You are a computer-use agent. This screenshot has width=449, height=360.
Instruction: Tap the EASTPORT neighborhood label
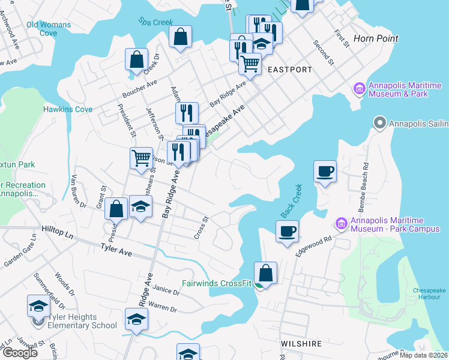(x=290, y=70)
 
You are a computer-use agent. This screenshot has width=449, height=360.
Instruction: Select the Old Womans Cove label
(x=49, y=29)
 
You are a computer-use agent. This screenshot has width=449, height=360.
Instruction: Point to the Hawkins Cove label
(x=68, y=109)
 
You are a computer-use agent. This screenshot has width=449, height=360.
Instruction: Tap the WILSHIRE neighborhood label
(x=301, y=344)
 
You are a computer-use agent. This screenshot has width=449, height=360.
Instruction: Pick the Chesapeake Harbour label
(x=429, y=294)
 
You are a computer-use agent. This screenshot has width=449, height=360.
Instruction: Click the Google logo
(x=20, y=353)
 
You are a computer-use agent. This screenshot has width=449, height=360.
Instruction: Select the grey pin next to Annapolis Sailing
(x=379, y=124)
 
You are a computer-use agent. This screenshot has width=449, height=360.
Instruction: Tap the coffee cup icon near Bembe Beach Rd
(x=325, y=172)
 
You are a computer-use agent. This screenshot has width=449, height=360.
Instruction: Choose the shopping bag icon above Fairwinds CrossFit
(x=265, y=273)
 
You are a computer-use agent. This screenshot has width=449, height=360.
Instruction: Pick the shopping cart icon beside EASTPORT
(x=250, y=64)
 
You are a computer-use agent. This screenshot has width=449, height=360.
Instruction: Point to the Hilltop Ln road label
(x=58, y=230)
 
